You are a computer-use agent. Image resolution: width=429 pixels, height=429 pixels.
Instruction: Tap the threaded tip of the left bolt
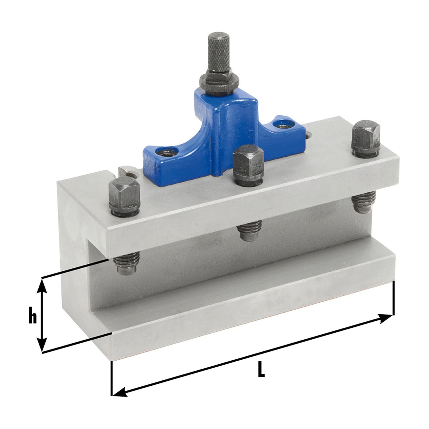[x=127, y=266]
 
